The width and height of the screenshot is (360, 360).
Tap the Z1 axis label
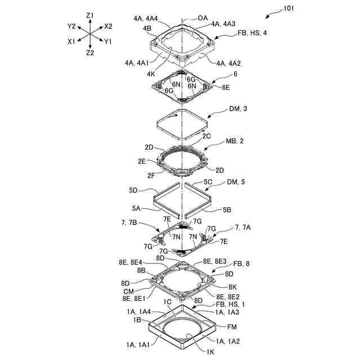pyautogui.click(x=91, y=15)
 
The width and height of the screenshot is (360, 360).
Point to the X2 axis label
pyautogui.click(x=108, y=26)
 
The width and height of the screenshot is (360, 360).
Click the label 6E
pyautogui.click(x=226, y=87)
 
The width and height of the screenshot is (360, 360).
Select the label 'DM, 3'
pyautogui.click(x=238, y=109)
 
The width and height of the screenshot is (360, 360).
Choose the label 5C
pyautogui.click(x=208, y=182)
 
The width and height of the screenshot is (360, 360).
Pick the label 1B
pyautogui.click(x=137, y=319)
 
